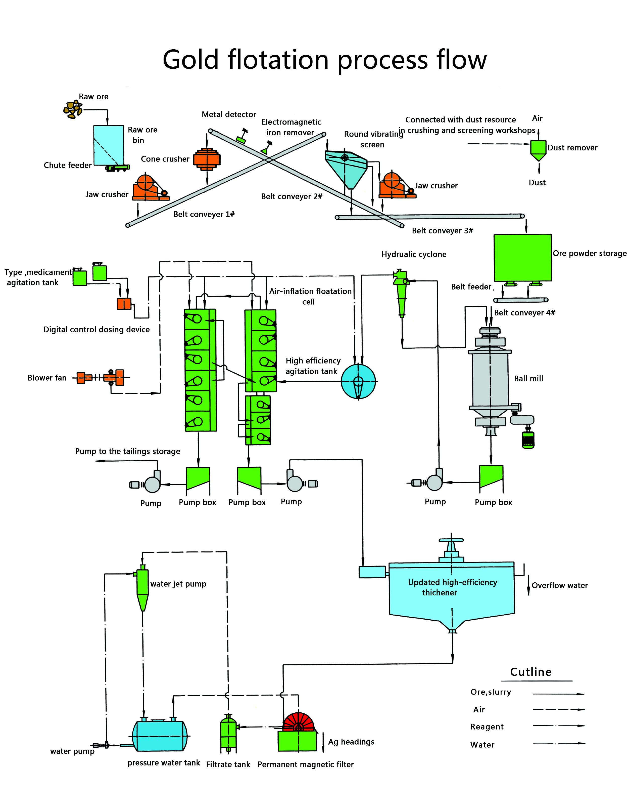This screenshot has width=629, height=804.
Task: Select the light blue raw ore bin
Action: pyautogui.click(x=108, y=145)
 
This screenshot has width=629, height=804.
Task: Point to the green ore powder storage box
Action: pyautogui.click(x=522, y=257)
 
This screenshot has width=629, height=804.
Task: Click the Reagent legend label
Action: pyautogui.click(x=487, y=727)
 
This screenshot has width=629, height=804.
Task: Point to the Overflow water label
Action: pyautogui.click(x=559, y=585)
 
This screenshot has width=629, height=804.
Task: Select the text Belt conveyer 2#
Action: pyautogui.click(x=292, y=196)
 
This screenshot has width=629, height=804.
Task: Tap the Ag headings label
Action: pyautogui.click(x=351, y=742)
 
